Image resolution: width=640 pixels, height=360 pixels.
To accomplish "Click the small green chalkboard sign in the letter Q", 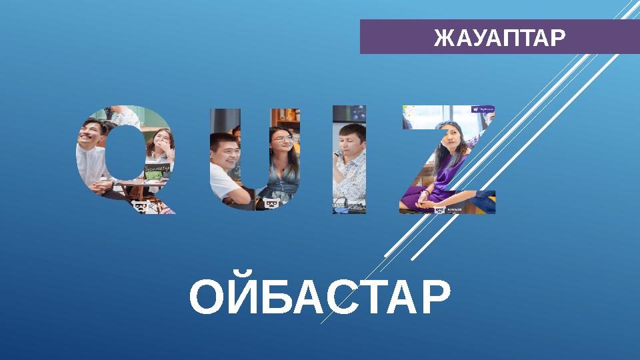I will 157,169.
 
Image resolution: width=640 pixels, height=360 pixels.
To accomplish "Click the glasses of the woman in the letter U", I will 281,139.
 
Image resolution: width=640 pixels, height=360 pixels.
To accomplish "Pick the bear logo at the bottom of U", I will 271,203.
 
